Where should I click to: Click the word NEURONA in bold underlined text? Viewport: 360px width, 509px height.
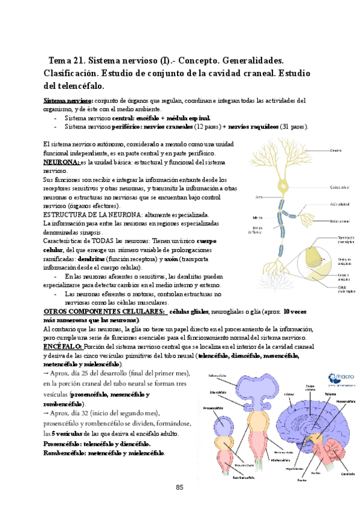point(61,162)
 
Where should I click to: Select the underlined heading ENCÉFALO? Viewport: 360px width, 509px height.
point(63,347)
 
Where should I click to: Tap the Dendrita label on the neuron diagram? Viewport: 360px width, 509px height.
point(336,150)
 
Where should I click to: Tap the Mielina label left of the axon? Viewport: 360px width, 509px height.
point(257,217)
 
